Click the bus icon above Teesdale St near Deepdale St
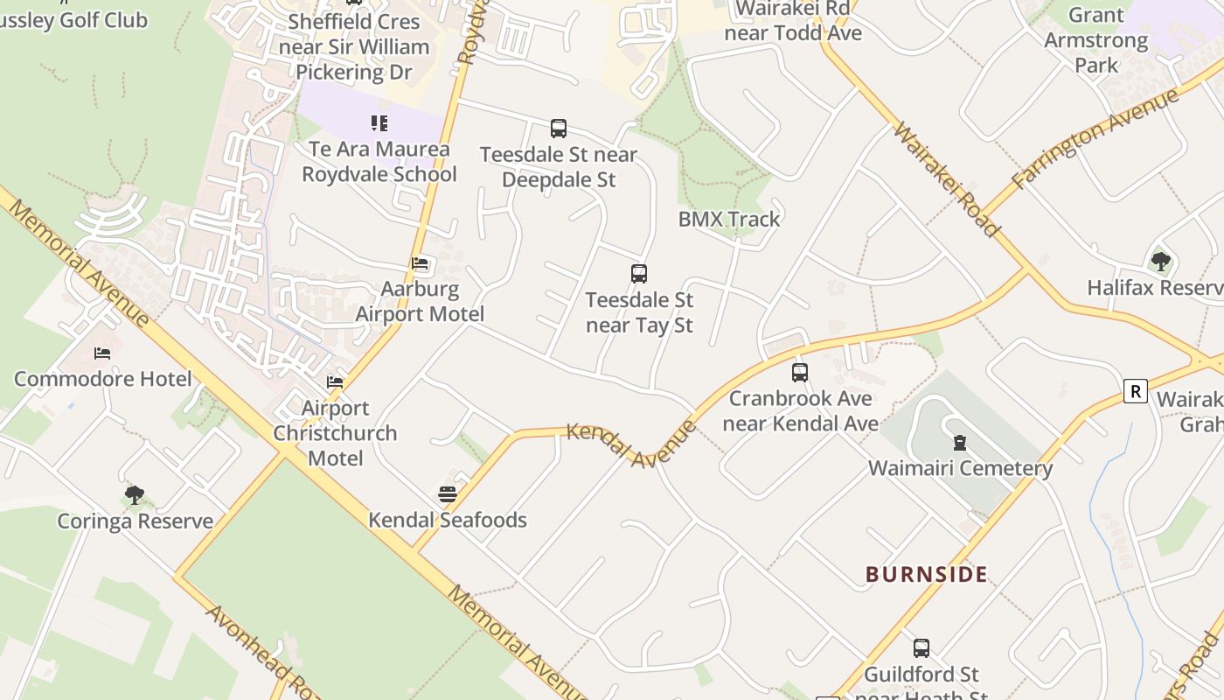pyautogui.click(x=559, y=129)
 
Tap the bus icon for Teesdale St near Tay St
pyautogui.click(x=639, y=274)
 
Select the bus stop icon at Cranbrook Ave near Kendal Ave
pyautogui.click(x=800, y=373)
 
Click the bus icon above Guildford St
pyautogui.click(x=921, y=648)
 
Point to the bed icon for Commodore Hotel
pyautogui.click(x=102, y=353)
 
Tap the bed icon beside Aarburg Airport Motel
pyautogui.click(x=420, y=263)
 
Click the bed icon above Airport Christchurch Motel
pyautogui.click(x=335, y=382)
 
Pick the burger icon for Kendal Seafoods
pyautogui.click(x=448, y=494)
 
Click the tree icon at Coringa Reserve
pyautogui.click(x=134, y=495)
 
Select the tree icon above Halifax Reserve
pyautogui.click(x=1161, y=261)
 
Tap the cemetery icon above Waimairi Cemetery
pyautogui.click(x=960, y=443)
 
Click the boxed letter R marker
pyautogui.click(x=1135, y=391)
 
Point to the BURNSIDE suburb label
pyautogui.click(x=927, y=574)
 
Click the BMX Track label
pyautogui.click(x=729, y=219)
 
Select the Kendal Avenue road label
pyautogui.click(x=631, y=444)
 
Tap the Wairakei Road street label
pyautogui.click(x=946, y=179)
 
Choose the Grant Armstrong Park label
pyautogui.click(x=1096, y=40)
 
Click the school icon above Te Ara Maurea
pyautogui.click(x=379, y=123)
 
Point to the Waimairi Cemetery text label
pyautogui.click(x=960, y=468)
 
